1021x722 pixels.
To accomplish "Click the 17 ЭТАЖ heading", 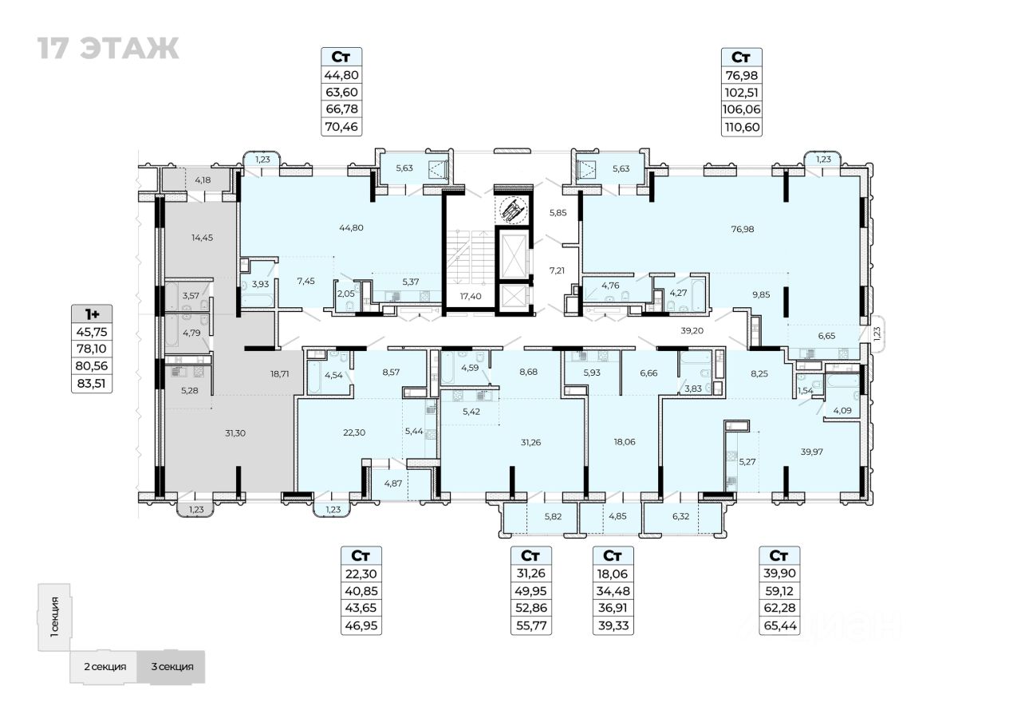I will click(107, 49).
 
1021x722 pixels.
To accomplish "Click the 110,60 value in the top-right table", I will click(741, 126).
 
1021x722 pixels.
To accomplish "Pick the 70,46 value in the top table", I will click(341, 126).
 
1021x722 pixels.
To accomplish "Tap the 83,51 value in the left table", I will click(92, 383).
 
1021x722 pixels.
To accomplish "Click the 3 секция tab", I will click(171, 667).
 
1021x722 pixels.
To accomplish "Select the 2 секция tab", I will click(104, 667).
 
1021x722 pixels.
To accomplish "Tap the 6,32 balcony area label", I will click(680, 516).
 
